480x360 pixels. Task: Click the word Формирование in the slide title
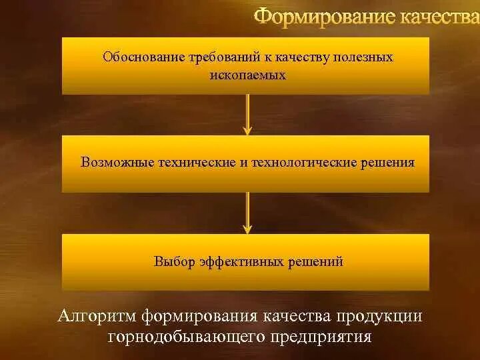pos(323,16)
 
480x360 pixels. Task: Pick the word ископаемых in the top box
pos(247,75)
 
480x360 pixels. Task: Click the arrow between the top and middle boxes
pos(247,115)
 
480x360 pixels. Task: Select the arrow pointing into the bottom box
pos(247,213)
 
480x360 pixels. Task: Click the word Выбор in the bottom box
pos(173,261)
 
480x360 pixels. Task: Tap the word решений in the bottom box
pos(315,261)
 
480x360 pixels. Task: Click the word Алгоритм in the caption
pos(98,315)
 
